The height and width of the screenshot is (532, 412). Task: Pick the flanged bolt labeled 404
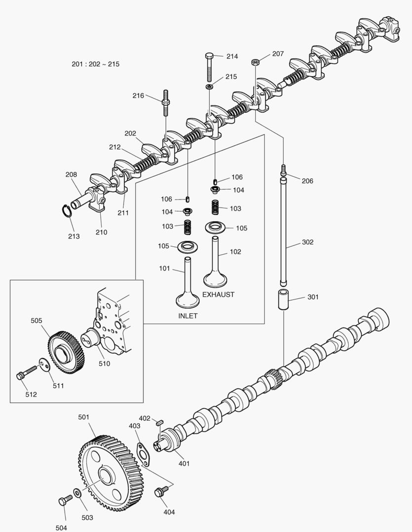160,491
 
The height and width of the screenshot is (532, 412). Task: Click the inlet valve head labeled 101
187,299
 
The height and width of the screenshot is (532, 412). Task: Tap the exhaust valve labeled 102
216,266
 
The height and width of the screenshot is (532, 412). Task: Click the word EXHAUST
218,295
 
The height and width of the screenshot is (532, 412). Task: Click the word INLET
187,316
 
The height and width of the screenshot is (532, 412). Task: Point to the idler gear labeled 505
65,351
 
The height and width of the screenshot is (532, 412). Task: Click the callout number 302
308,242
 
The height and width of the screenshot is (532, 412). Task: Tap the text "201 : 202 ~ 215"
95,64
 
